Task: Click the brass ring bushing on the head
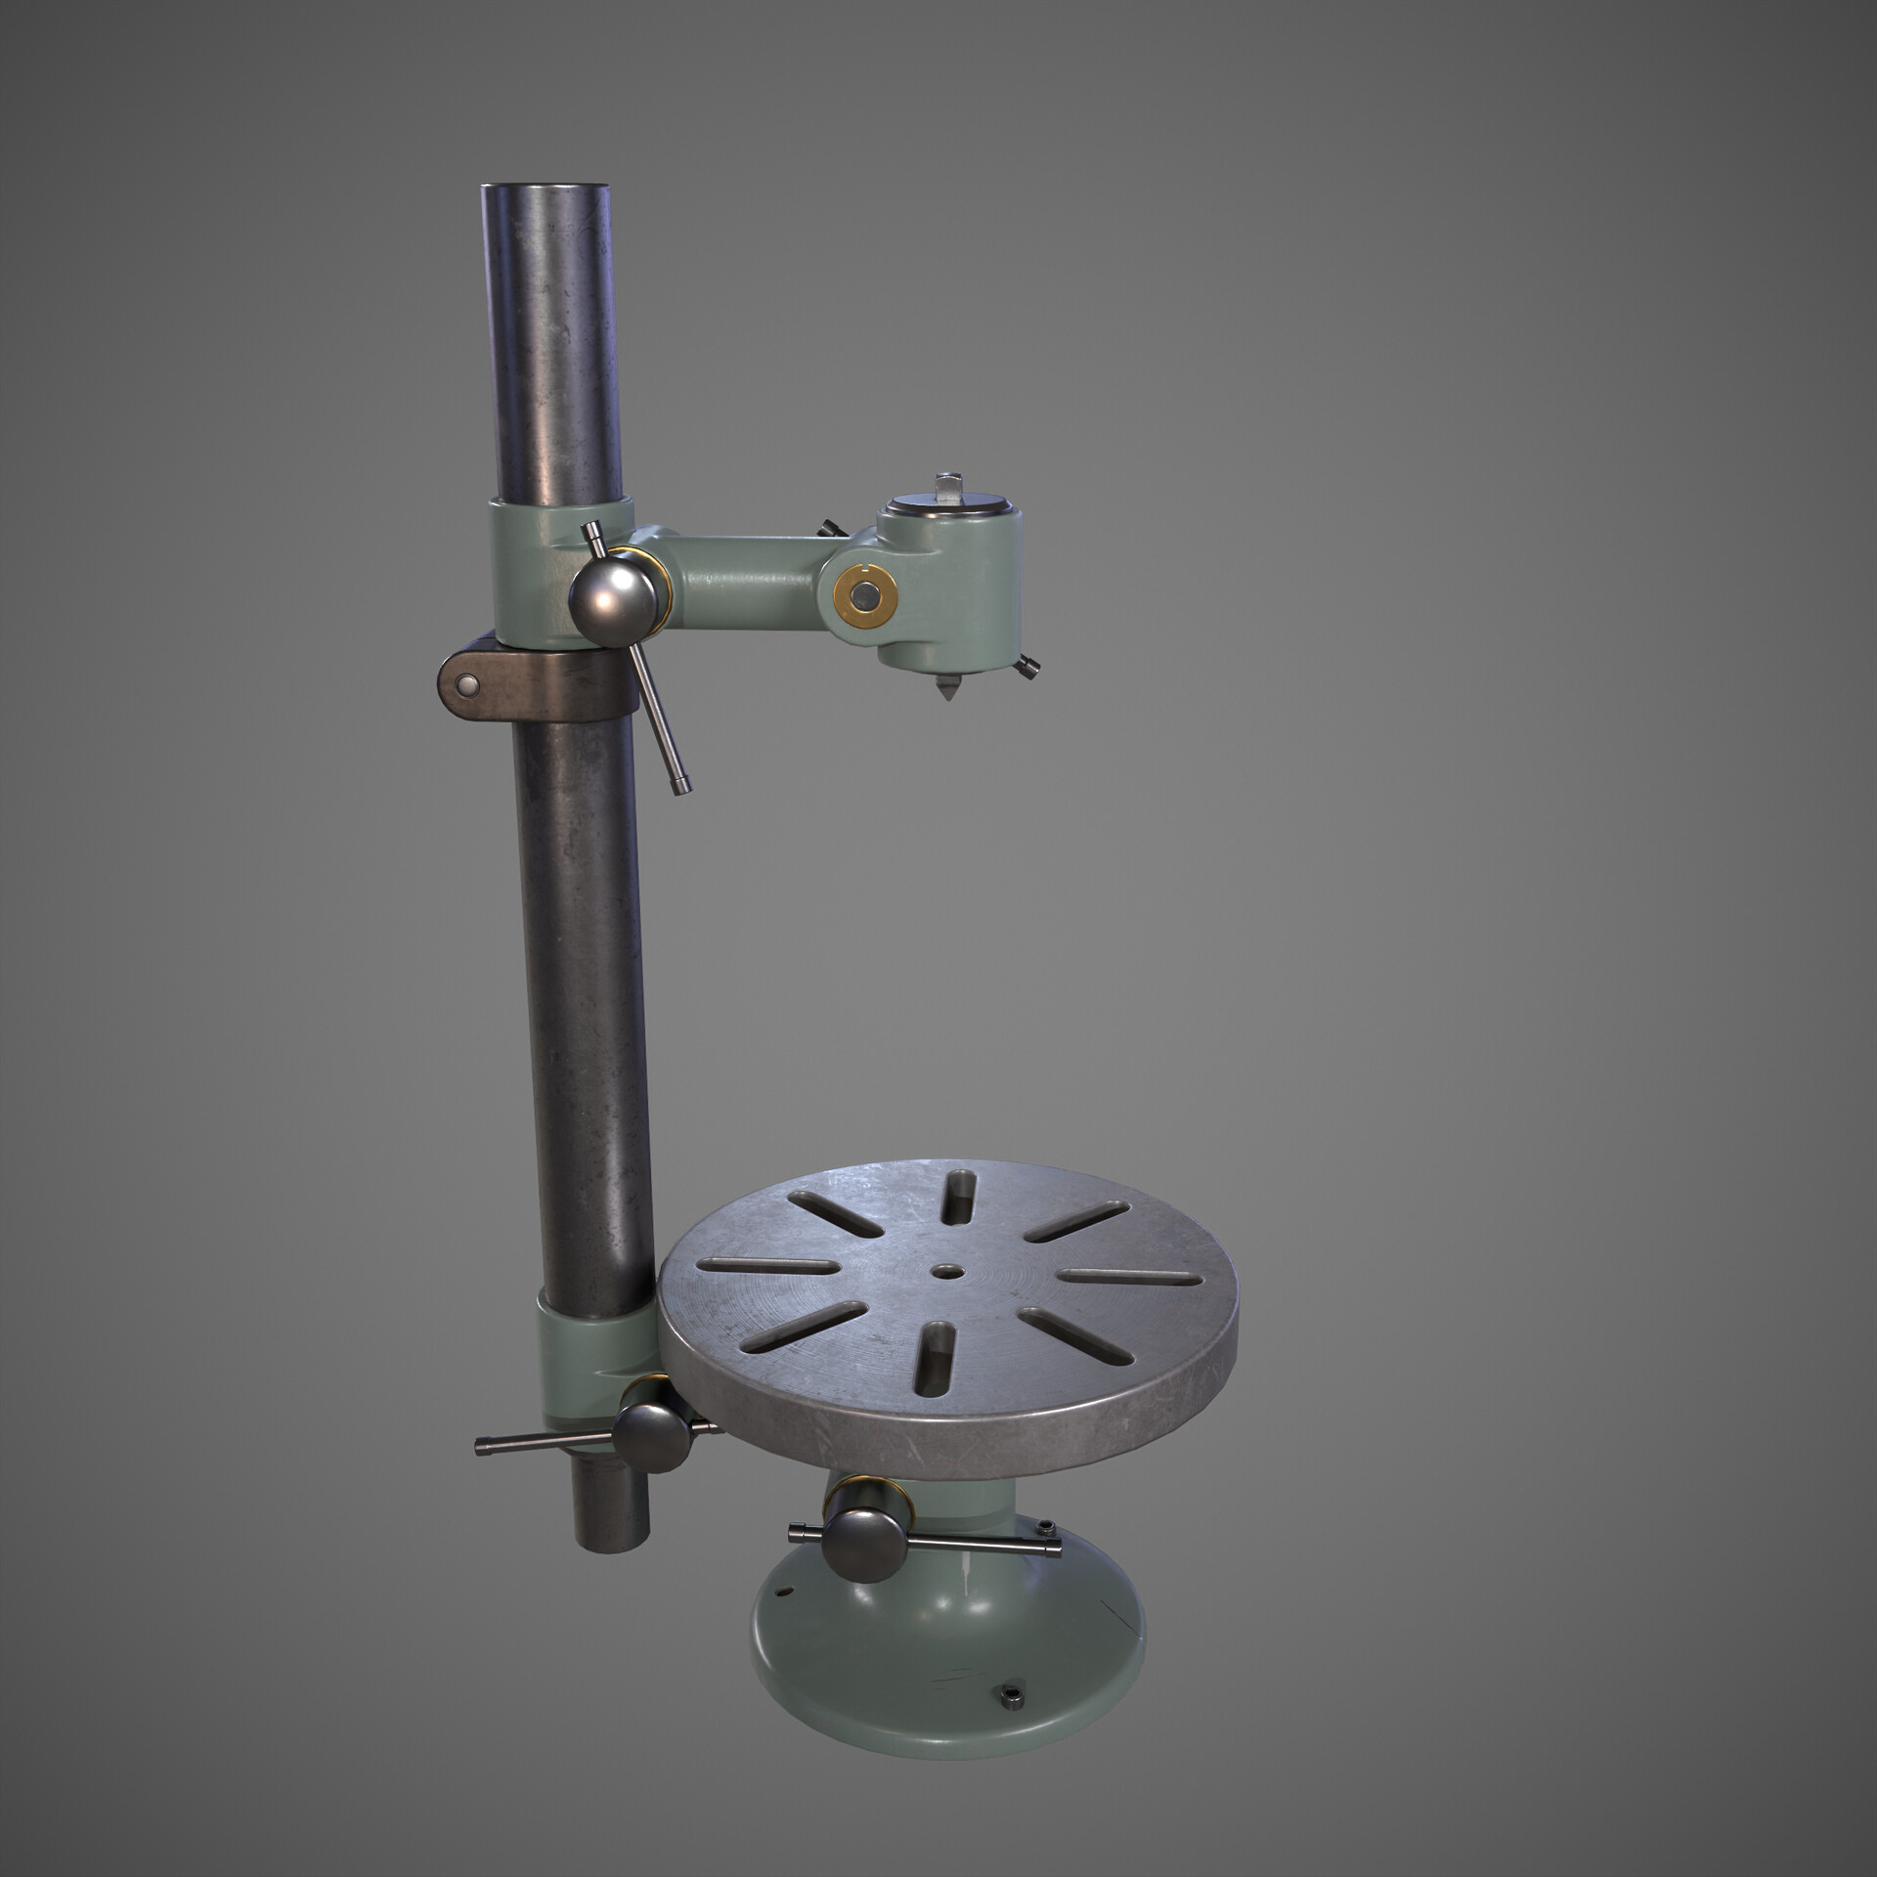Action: point(865,593)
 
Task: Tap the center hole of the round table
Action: point(945,1271)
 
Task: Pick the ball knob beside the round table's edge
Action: point(651,1436)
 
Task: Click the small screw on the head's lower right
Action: point(1027,668)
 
